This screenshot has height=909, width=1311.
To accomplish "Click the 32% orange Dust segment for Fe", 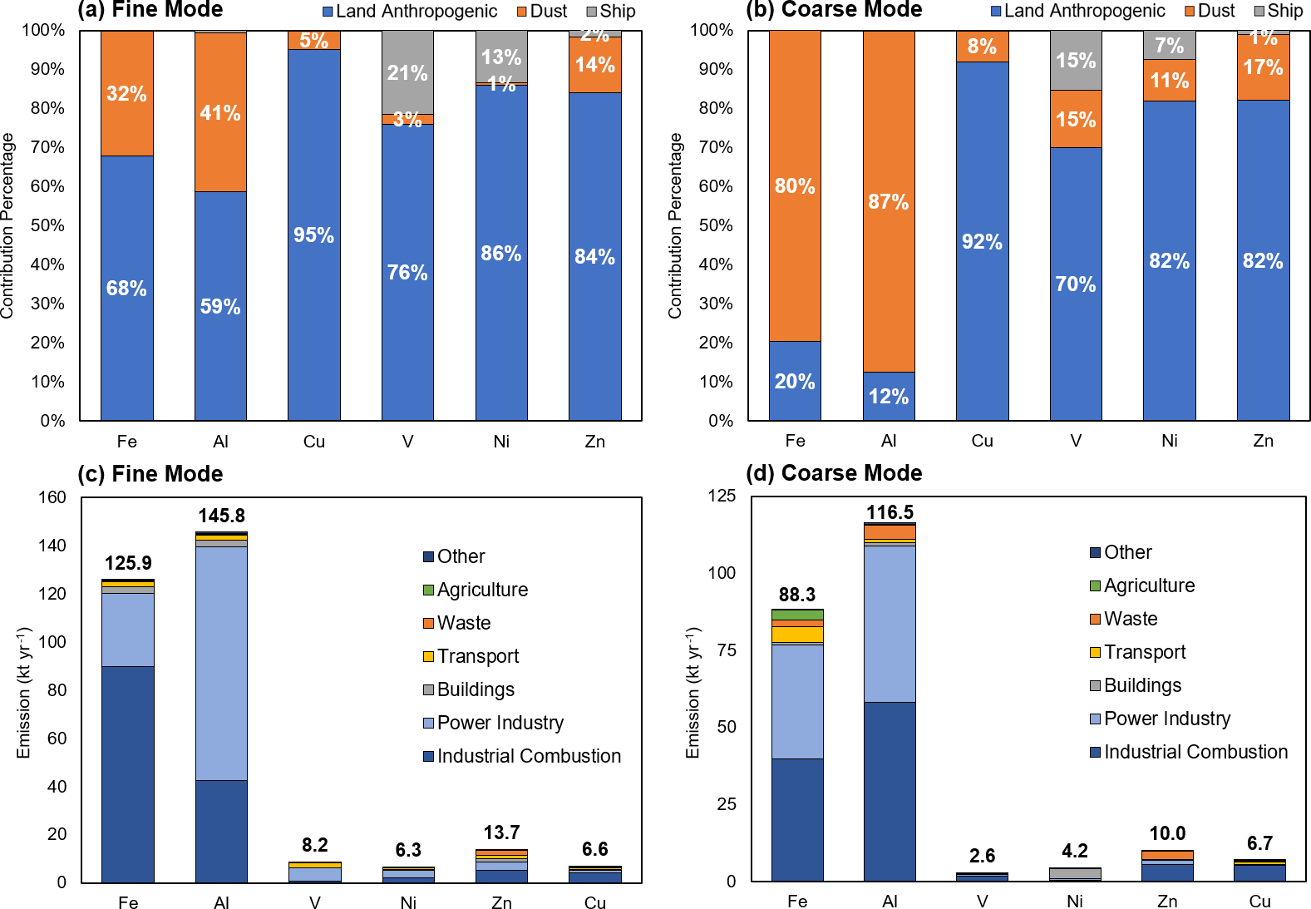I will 126,93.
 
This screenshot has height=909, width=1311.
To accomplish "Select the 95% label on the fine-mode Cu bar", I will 313,235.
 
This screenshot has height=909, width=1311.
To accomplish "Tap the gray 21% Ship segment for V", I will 407,73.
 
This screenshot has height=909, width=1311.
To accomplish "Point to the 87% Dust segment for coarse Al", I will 888,201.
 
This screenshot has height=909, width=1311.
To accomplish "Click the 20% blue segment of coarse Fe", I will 795,381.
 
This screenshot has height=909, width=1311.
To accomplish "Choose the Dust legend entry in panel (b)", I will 1210,12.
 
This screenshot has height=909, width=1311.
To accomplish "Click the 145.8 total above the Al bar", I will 221,516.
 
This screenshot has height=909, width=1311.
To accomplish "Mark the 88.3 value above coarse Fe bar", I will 796,595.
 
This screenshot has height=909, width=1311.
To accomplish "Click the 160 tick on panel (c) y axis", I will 52,497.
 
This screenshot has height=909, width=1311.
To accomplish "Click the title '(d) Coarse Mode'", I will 834,473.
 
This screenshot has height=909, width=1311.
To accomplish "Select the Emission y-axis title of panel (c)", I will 23,692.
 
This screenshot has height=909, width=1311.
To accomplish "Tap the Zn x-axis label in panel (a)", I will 594,442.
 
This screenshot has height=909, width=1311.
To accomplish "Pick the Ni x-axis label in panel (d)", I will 1074,902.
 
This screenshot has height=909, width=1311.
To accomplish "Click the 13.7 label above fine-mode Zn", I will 501,832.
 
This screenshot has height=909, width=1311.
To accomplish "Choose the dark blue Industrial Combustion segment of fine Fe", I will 127,773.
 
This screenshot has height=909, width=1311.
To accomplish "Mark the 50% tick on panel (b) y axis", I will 715,225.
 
